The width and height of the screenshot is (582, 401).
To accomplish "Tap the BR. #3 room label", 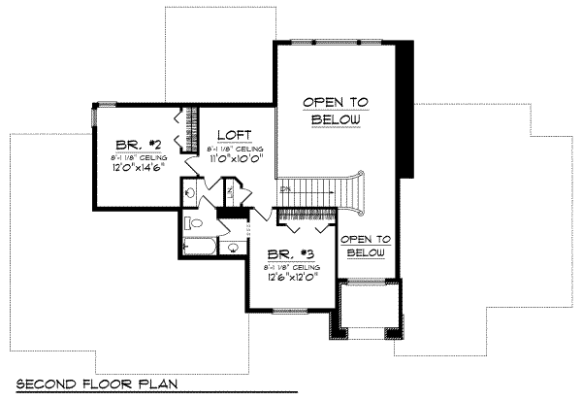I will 283,254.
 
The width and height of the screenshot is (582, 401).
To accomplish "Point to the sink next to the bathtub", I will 233,249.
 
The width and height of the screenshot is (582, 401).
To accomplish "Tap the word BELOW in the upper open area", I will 337,120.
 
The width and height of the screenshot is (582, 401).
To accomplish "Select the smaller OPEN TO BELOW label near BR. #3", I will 368,245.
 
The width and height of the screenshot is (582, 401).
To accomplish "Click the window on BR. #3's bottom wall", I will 291,311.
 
